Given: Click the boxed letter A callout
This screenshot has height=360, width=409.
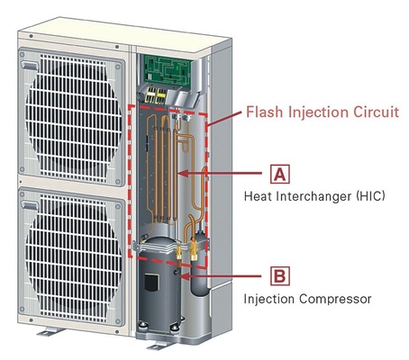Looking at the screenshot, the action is pos(280,174).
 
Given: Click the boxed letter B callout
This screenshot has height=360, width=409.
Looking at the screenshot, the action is pos(280,275).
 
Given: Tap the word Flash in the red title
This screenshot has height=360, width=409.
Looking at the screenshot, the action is pos(264,112).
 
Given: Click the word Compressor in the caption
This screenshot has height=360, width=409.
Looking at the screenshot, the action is pos(335,299).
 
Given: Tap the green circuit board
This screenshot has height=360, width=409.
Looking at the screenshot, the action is pos(168,68).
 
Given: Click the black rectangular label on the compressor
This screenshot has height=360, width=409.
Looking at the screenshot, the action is pos(151,283).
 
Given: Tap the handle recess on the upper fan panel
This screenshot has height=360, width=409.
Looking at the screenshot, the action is pos(29,66).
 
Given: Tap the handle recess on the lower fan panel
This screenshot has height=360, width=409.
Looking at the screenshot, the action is pos(30,205).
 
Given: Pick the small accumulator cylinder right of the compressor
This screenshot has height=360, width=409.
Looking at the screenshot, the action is pos(198,263).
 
